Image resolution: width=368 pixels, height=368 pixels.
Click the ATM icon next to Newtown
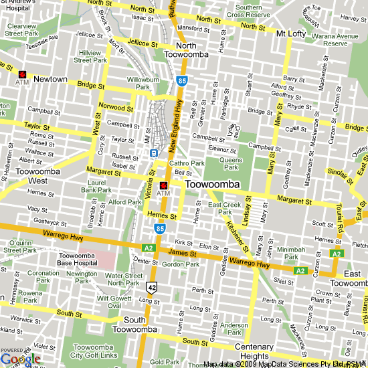(x=23, y=74)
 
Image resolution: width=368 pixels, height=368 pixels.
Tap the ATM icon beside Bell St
(x=163, y=185)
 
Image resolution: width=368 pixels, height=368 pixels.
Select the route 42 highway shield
(x=152, y=287)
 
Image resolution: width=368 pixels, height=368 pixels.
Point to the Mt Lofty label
(x=291, y=32)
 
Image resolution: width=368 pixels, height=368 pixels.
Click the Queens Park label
(x=231, y=164)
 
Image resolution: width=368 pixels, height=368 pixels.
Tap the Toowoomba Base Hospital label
(x=80, y=260)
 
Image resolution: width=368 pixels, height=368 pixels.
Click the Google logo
(x=20, y=359)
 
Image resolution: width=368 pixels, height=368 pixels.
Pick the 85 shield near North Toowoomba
(x=181, y=81)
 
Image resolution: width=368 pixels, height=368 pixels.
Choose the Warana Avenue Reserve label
(x=336, y=39)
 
